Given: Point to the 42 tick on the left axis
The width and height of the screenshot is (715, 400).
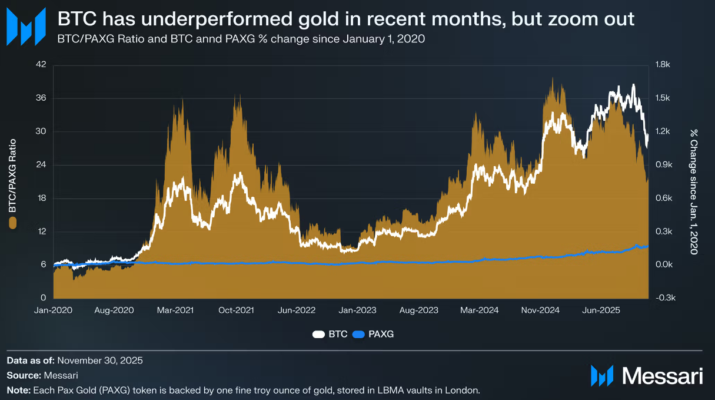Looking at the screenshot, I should click(41, 65).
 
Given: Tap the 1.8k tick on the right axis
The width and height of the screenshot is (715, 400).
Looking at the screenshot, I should click(663, 65).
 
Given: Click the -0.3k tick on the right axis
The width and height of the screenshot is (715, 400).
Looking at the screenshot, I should click(664, 298).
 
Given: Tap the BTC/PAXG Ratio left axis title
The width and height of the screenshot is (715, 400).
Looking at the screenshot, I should click(13, 177).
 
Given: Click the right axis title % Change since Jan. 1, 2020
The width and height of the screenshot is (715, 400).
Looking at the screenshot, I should click(694, 191).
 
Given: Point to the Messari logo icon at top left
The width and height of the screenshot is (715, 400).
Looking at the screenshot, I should click(25, 27).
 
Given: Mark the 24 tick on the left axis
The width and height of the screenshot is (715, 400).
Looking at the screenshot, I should click(41, 165).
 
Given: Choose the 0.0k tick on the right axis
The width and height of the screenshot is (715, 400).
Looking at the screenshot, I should click(664, 265).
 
